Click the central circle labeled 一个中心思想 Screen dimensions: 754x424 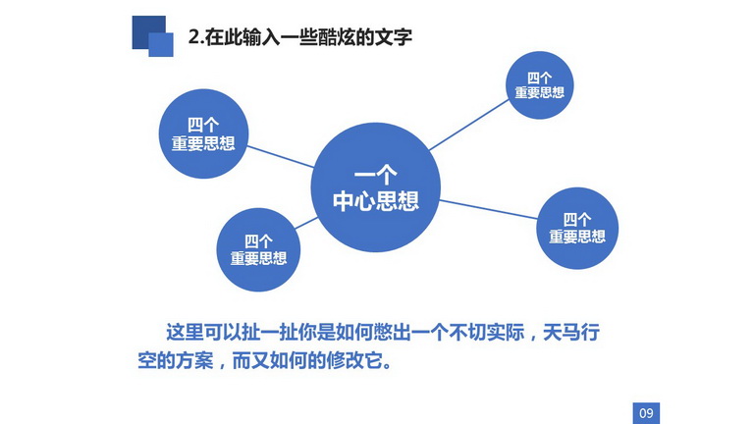[x=376, y=187]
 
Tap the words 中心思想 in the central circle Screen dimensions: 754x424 [x=376, y=200]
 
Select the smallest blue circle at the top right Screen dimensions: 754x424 [x=540, y=85]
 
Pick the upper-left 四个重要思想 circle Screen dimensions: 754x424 [x=203, y=133]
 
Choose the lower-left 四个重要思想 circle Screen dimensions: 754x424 [x=258, y=249]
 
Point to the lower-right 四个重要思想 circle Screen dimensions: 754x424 [x=577, y=228]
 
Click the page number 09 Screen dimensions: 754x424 [x=646, y=413]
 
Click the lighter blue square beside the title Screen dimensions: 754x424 [x=161, y=45]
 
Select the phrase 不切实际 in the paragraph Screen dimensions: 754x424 [x=487, y=332]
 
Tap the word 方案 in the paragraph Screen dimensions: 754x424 [x=194, y=360]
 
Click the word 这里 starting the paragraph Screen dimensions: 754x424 [x=186, y=332]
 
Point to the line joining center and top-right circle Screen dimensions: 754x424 [x=468, y=125]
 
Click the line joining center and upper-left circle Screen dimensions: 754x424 [x=281, y=157]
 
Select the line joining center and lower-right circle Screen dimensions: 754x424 [x=489, y=210]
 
